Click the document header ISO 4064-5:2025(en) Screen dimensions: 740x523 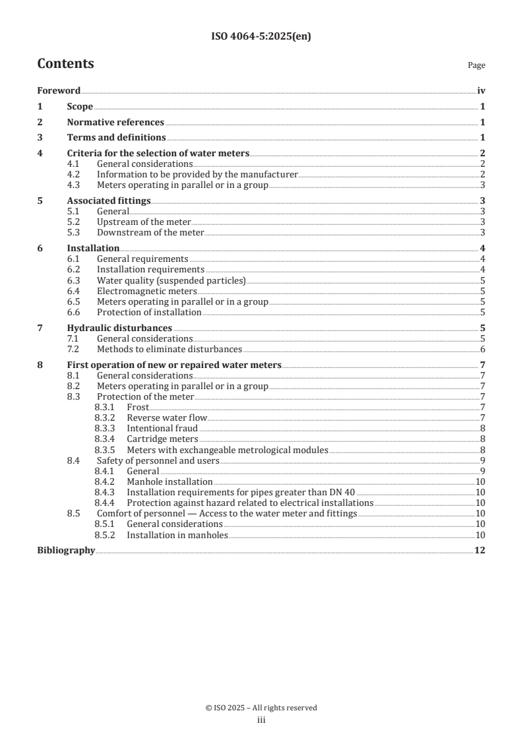pyautogui.click(x=261, y=37)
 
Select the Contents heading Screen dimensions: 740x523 pyautogui.click(x=65, y=64)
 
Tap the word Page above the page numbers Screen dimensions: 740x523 pyautogui.click(x=476, y=65)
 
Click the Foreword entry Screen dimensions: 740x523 pyautogui.click(x=59, y=91)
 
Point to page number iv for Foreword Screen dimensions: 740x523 pyautogui.click(x=481, y=91)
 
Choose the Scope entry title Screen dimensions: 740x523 pyautogui.click(x=80, y=107)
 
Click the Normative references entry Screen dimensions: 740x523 pyautogui.click(x=115, y=122)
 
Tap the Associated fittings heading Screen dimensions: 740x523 pyautogui.click(x=109, y=200)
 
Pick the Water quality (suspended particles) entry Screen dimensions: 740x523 pyautogui.click(x=171, y=280)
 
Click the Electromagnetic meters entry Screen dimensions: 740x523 pyautogui.click(x=146, y=291)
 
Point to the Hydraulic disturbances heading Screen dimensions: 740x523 pyautogui.click(x=119, y=328)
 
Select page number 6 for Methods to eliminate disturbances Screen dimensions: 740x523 pyautogui.click(x=483, y=349)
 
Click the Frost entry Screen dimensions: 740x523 pyautogui.click(x=138, y=407)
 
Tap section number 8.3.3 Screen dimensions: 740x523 pyautogui.click(x=105, y=428)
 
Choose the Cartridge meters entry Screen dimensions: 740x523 pyautogui.click(x=162, y=439)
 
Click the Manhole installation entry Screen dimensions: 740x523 pyautogui.click(x=169, y=481)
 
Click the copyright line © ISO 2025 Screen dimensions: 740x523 pyautogui.click(x=261, y=708)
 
